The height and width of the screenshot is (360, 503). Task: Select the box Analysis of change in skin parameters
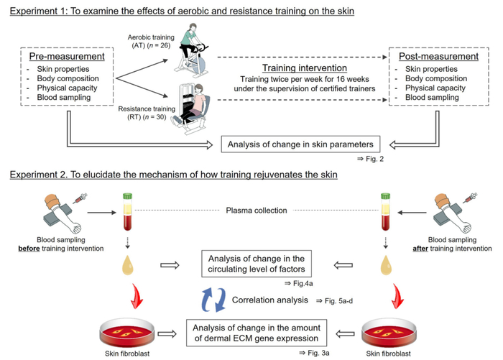(292, 143)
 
